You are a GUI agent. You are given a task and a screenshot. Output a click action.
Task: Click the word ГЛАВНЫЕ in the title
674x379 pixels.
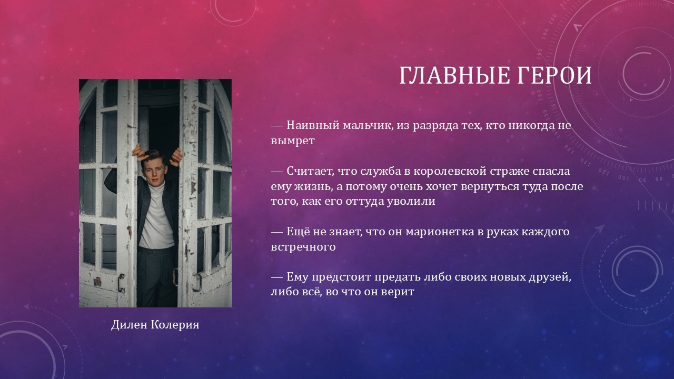pyautogui.click(x=454, y=75)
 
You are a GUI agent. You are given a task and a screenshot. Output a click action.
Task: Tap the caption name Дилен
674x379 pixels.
pyautogui.click(x=130, y=325)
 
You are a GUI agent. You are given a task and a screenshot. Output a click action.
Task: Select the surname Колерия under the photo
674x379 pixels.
pyautogui.click(x=175, y=325)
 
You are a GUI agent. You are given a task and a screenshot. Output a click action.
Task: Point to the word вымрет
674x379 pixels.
pyautogui.click(x=293, y=141)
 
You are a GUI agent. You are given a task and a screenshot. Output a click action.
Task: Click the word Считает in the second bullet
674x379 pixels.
pyautogui.click(x=310, y=171)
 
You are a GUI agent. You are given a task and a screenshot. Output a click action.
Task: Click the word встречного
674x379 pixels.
pyautogui.click(x=303, y=247)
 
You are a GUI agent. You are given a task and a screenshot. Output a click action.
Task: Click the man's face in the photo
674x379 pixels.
pyautogui.click(x=154, y=171)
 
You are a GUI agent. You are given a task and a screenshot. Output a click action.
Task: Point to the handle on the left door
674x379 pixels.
pyautogui.click(x=121, y=283)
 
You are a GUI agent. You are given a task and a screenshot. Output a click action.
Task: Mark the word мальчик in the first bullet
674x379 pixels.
pyautogui.click(x=368, y=125)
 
